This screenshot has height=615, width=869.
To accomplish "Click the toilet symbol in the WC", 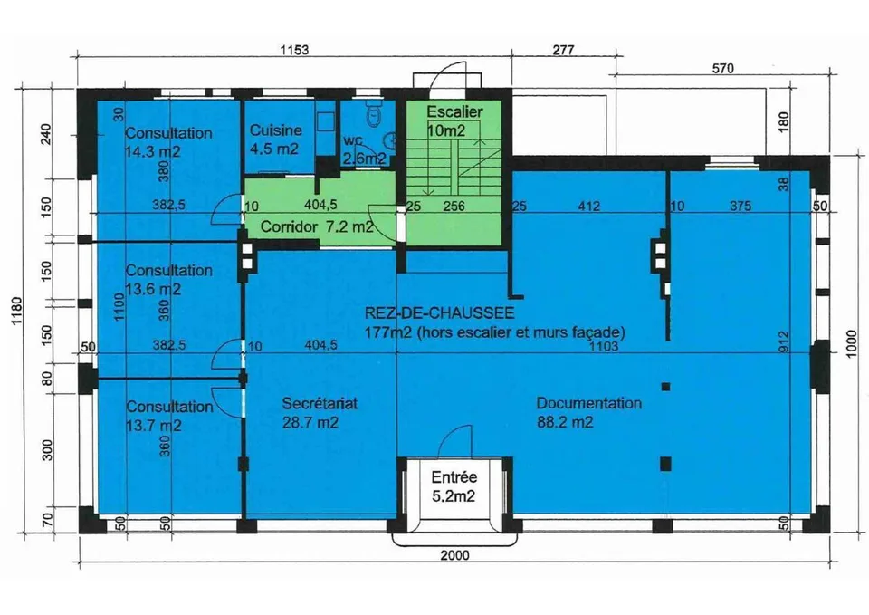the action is pyautogui.click(x=374, y=113).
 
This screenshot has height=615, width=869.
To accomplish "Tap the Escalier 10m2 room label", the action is pyautogui.click(x=454, y=120).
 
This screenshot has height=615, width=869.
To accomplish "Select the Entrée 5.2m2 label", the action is pyautogui.click(x=454, y=486).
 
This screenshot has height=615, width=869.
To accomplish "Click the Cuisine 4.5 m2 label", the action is pyautogui.click(x=275, y=139).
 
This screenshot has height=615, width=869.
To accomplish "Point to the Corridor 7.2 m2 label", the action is pyautogui.click(x=317, y=226).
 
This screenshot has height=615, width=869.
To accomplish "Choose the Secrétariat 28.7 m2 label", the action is pyautogui.click(x=320, y=413).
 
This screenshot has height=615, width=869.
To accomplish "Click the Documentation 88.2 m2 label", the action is pyautogui.click(x=589, y=413).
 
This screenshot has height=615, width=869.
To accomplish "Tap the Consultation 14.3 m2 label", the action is pyautogui.click(x=168, y=142).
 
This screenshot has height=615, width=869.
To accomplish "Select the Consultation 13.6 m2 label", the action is pyautogui.click(x=168, y=280).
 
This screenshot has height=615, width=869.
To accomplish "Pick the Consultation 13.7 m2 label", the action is pyautogui.click(x=169, y=416).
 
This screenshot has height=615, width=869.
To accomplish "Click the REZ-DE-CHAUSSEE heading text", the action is pyautogui.click(x=440, y=312).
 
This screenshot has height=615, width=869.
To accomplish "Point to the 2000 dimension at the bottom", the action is pyautogui.click(x=454, y=555).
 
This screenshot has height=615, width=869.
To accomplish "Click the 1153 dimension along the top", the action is pyautogui.click(x=293, y=50).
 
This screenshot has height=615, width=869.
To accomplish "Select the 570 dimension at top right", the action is pyautogui.click(x=722, y=68).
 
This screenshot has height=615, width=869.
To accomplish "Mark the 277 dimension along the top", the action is pyautogui.click(x=563, y=50).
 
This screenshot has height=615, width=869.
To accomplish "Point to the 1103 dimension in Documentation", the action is pyautogui.click(x=603, y=347).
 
